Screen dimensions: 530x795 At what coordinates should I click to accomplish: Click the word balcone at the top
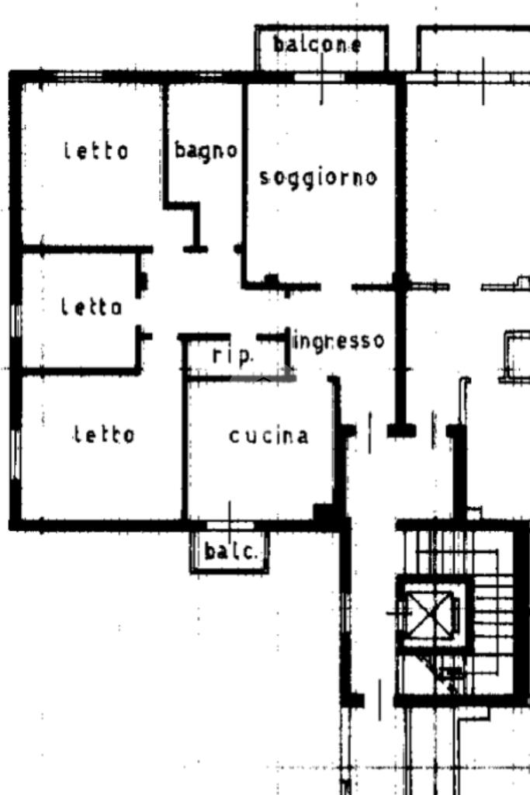pos(317,44)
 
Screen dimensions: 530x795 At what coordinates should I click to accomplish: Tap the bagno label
pos(206,151)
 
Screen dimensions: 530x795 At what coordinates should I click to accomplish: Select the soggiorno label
pos(318,178)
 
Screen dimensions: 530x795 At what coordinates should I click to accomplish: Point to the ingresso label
pos(339,341)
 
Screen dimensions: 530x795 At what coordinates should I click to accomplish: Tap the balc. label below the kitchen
pos(230,551)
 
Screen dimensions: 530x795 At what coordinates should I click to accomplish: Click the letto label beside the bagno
pos(96,151)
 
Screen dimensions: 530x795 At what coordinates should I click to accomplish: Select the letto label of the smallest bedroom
pos(92,307)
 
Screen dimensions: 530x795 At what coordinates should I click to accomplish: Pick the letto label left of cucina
pos(105,435)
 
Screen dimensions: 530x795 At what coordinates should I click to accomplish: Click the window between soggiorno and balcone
pos(320,78)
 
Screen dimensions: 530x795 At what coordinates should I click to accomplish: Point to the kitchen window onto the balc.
pos(230,526)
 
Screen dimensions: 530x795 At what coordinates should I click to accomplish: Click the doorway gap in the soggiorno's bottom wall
pos(336,287)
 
